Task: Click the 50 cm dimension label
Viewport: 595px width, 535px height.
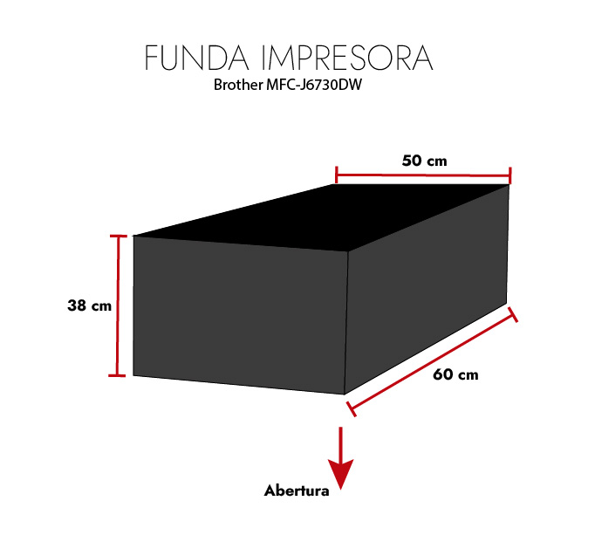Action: point(424,161)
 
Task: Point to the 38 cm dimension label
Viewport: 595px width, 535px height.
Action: point(90,306)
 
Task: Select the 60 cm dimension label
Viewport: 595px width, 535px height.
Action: point(455,375)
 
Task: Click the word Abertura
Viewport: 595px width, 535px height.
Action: point(297,490)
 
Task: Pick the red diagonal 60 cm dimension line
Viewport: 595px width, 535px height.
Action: point(432,360)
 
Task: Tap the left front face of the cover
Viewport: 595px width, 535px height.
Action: point(240,314)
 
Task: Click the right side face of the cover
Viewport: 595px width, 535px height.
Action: point(427,288)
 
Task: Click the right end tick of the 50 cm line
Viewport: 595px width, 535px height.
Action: point(510,175)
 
